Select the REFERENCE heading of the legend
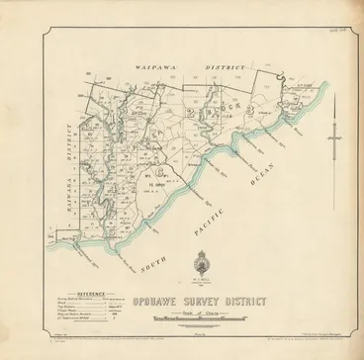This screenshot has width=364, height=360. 75,293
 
